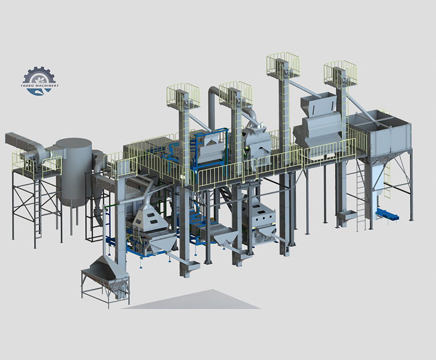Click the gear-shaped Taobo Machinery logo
(40, 81)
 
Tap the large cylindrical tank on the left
(74, 172)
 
